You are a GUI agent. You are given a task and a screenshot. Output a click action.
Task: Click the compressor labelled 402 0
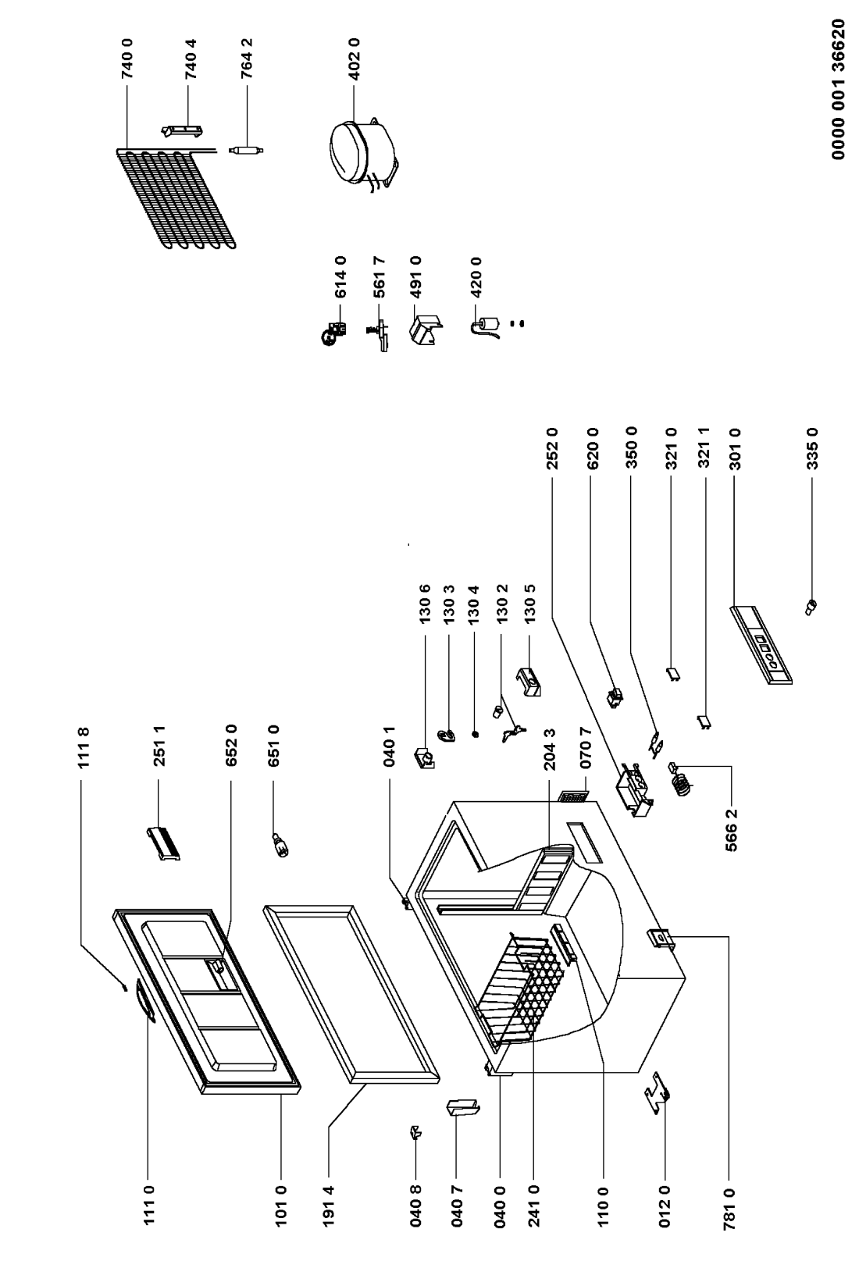point(359,152)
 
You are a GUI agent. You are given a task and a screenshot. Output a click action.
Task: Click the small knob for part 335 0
point(811,605)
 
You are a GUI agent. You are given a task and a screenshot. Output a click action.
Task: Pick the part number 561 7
point(379,278)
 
